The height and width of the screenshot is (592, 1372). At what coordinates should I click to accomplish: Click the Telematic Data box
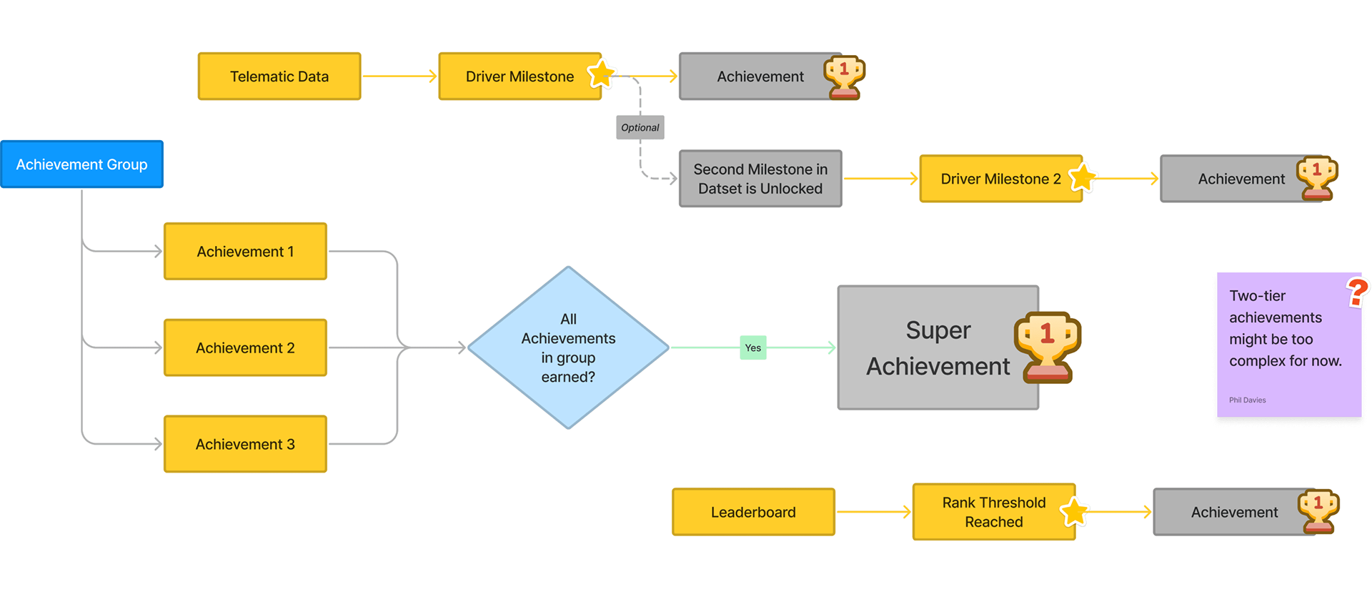point(279,77)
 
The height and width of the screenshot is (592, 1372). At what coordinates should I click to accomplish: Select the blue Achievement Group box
point(82,164)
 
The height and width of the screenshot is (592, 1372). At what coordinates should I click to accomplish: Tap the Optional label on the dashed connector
point(640,128)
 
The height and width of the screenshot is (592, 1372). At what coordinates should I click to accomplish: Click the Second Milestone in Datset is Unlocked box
point(760,179)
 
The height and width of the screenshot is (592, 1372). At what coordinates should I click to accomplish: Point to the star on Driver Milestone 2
point(1083,177)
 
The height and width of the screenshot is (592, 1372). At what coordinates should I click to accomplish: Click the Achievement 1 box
point(245,252)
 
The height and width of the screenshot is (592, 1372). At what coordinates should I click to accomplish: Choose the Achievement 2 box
point(245,348)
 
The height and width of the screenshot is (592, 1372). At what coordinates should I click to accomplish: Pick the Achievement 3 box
point(245,444)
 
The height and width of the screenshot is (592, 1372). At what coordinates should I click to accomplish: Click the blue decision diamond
point(568,348)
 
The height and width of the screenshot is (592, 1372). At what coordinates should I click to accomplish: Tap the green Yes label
point(753,348)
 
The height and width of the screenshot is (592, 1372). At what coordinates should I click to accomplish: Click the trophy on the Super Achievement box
point(1048,346)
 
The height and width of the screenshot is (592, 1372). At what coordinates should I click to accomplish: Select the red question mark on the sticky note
point(1357,292)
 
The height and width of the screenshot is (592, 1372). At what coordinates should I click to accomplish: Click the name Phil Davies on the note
point(1248,400)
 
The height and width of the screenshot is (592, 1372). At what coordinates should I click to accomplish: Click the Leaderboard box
point(753,512)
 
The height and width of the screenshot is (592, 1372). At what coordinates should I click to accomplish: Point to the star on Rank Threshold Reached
point(1074,512)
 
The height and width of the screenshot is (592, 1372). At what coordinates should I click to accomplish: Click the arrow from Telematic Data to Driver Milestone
point(399,77)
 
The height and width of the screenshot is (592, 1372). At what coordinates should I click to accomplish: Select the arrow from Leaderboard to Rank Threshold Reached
point(873,512)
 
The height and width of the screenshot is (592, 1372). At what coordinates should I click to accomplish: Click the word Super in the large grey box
point(938,330)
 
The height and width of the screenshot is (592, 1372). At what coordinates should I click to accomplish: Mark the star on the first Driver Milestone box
point(602,73)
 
